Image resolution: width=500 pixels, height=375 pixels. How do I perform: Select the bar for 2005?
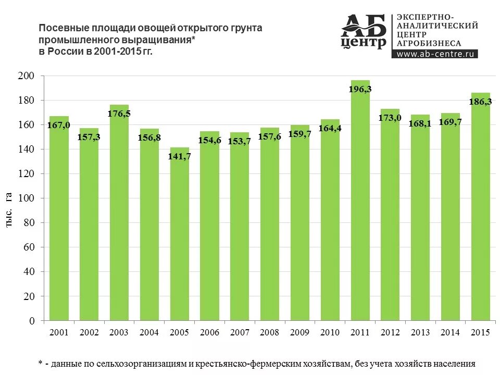[180, 234]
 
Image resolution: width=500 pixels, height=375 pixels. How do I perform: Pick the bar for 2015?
[481, 208]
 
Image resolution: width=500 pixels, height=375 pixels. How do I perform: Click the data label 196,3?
[360, 89]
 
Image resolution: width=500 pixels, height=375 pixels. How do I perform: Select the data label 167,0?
[59, 125]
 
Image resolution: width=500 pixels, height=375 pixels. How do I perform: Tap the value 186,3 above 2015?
[481, 102]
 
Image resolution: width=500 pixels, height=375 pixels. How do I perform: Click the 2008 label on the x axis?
[270, 332]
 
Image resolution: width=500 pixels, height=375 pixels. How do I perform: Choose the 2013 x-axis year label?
[421, 332]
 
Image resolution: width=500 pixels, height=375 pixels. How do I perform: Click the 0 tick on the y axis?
[32, 321]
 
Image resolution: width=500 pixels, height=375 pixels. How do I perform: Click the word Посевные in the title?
[60, 28]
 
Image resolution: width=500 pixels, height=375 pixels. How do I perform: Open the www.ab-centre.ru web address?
[435, 54]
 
